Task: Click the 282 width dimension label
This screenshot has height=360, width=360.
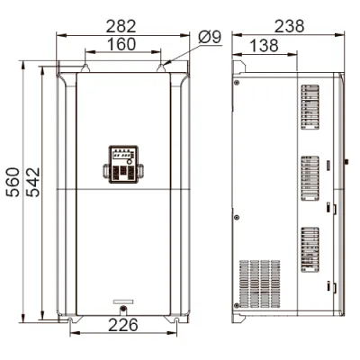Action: (121, 26)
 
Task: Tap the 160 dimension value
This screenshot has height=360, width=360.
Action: (121, 44)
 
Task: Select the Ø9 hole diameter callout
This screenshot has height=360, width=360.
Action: (210, 37)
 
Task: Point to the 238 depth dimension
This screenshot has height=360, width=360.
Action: (290, 26)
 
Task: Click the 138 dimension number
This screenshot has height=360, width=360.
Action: (264, 46)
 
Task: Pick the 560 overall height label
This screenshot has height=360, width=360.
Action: (13, 182)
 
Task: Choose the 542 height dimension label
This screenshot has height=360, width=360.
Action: (32, 182)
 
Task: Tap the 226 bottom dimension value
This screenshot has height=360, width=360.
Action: (123, 325)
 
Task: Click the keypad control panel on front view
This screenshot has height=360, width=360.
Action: (123, 164)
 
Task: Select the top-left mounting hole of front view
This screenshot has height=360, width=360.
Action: (85, 68)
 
